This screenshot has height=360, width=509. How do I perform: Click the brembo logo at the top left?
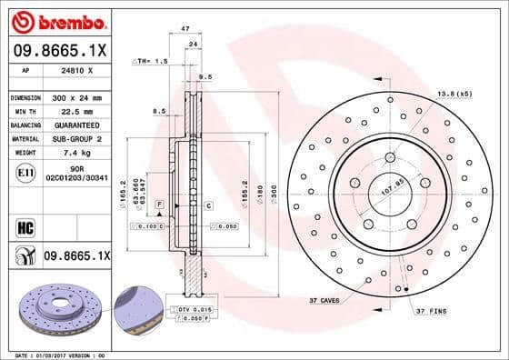60,21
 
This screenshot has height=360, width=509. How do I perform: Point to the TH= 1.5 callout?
152,61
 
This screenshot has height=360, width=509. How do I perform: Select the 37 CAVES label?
324,300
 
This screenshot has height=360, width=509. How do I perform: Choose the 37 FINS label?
432,312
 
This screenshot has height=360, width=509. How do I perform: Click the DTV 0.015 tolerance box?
197,310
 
